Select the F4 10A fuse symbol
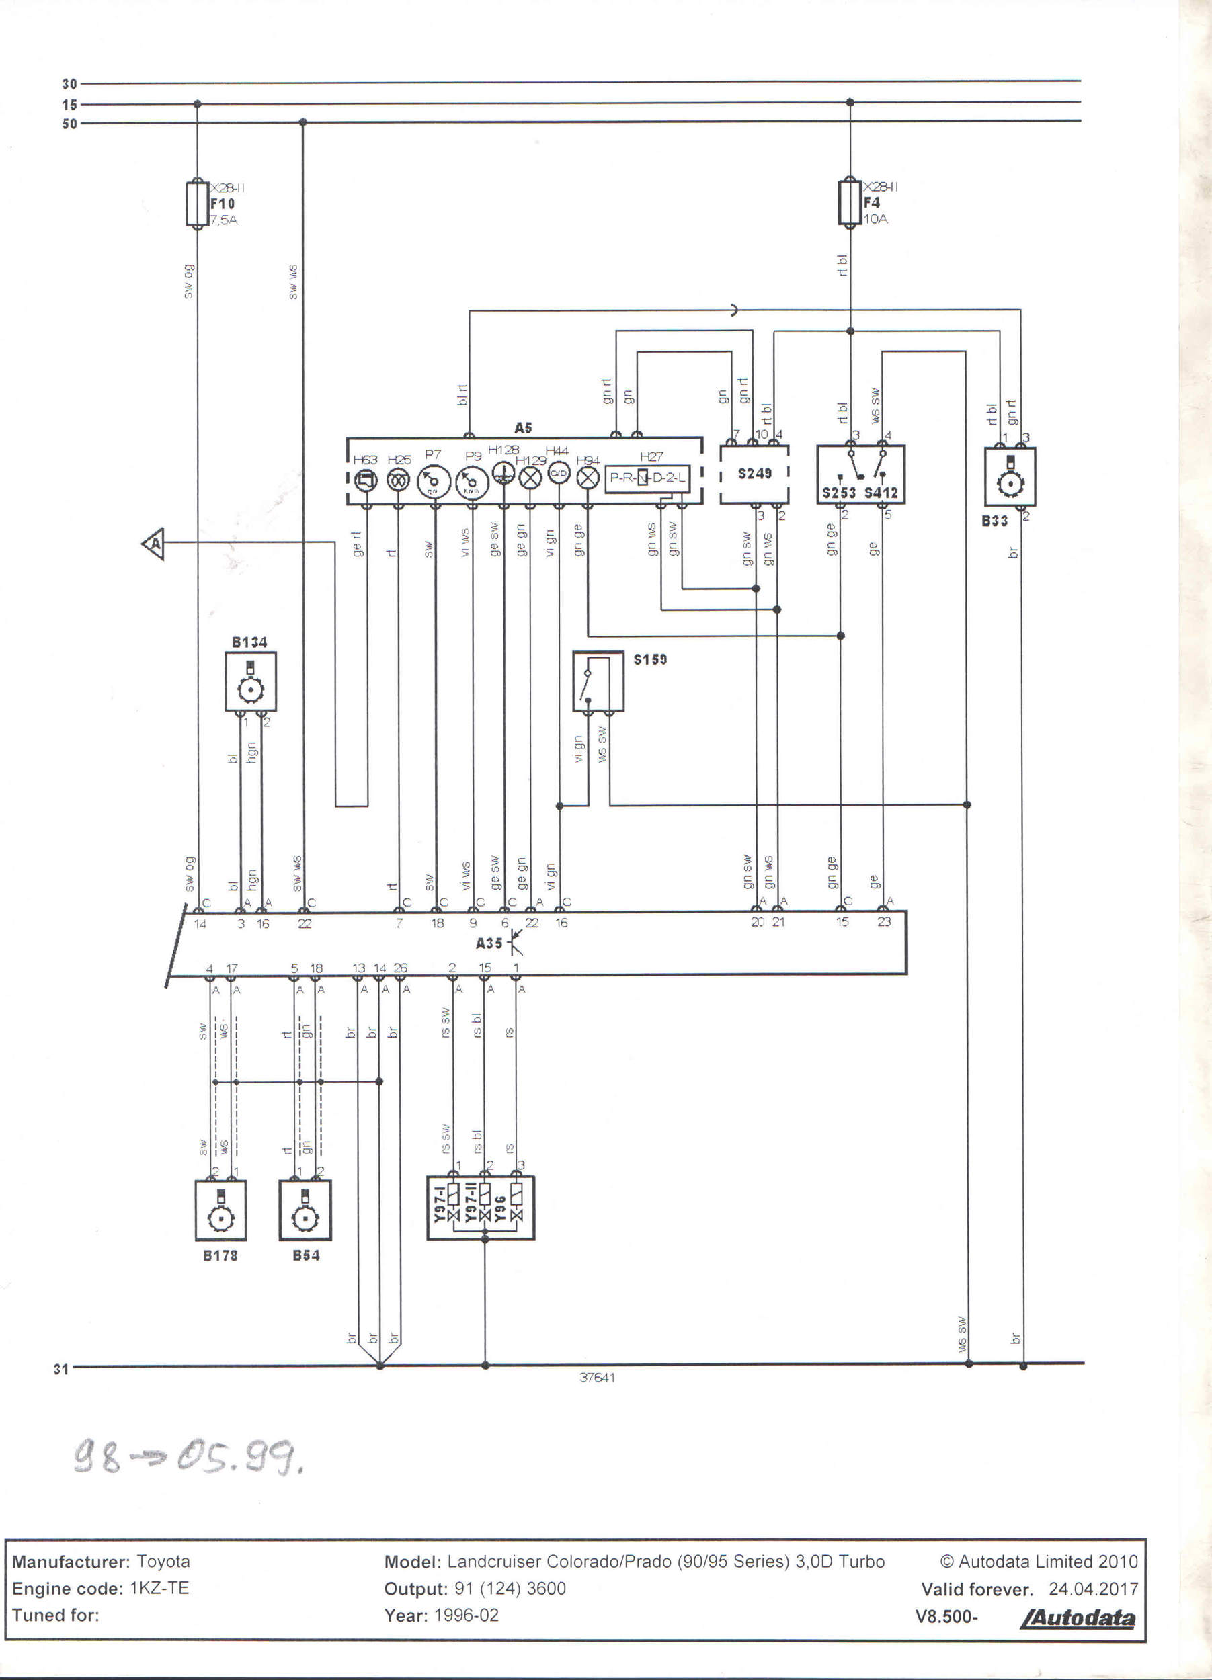coord(850,202)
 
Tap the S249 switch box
coord(754,474)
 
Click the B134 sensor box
coord(251,681)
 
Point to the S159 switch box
coord(598,681)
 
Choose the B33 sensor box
coord(1010,477)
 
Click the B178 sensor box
coord(220,1210)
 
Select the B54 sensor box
coord(305,1210)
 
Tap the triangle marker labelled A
coord(154,544)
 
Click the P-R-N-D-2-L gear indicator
coord(647,478)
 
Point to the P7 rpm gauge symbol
coord(434,482)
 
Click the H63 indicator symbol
coord(365,481)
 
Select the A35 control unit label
coord(489,943)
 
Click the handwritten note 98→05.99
coord(188,1458)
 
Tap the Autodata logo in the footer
coord(1078,1618)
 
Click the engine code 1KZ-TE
coord(159,1588)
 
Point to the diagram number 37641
coord(597,1378)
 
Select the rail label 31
coord(60,1370)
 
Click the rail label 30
coord(69,85)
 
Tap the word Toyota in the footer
coord(164,1562)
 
